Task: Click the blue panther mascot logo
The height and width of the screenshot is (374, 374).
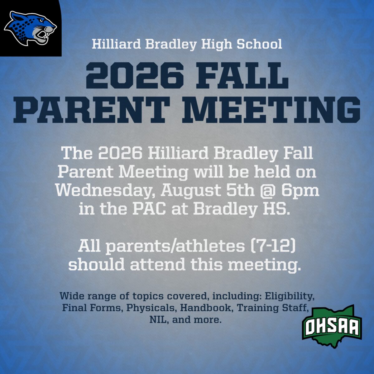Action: point(30,28)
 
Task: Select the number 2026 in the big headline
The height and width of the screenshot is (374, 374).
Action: point(135,77)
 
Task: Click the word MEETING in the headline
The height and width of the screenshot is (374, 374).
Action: point(271,110)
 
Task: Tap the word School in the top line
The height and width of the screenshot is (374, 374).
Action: point(259,44)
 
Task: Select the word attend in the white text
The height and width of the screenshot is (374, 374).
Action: point(158,265)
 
